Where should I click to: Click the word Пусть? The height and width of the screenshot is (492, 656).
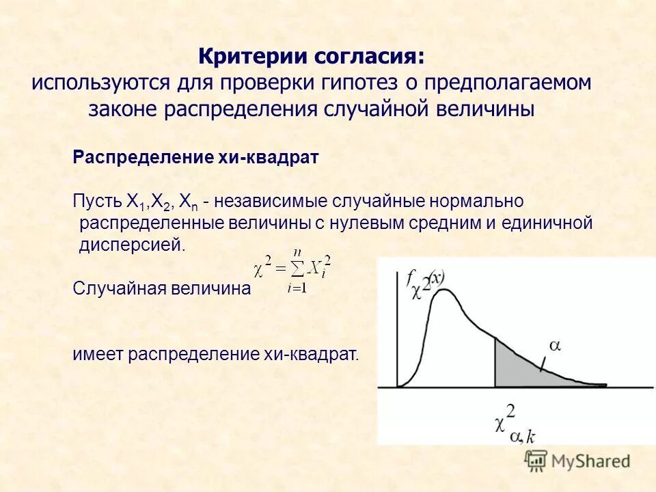point(96,202)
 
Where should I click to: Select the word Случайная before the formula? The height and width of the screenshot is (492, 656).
point(117,288)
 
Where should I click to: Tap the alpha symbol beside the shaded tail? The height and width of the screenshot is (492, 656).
point(555,346)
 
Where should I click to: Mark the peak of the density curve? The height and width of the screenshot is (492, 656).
point(445,290)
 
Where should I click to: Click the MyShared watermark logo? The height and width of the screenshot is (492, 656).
point(578,461)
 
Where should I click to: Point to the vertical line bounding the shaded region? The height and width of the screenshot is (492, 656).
point(495,362)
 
